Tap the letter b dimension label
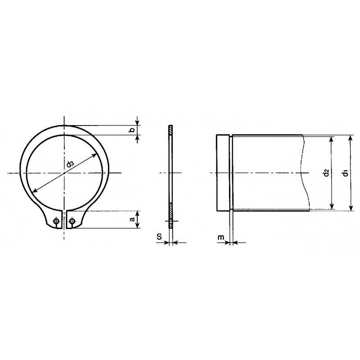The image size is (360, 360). (131, 130)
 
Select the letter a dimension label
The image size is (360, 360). (132, 219)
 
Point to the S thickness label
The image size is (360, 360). (159, 236)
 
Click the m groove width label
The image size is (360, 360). (220, 237)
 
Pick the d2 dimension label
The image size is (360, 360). (326, 173)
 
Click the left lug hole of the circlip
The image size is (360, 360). (56, 221)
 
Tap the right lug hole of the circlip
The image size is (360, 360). (72, 221)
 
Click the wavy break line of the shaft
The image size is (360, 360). (306, 173)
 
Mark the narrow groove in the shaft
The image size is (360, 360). (232, 173)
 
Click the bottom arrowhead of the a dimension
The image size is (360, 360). (138, 225)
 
